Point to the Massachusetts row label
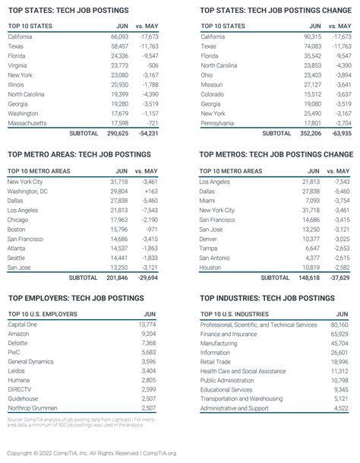[x=27, y=122]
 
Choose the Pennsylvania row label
[x=219, y=122]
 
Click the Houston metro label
[x=210, y=268]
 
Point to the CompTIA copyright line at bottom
[x=89, y=453]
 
